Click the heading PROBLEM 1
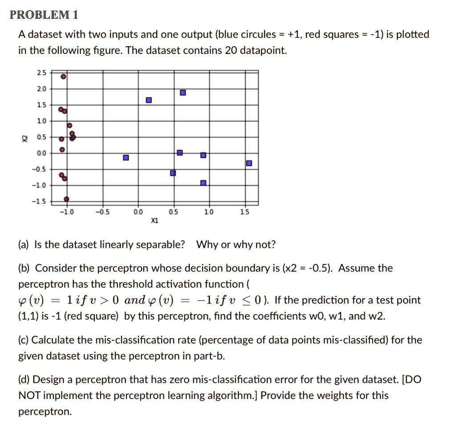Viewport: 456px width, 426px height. (x=44, y=15)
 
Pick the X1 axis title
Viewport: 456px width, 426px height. (x=154, y=220)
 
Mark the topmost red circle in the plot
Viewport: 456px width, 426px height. (x=64, y=77)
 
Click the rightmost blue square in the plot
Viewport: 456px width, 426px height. (x=249, y=163)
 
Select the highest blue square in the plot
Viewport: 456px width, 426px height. (x=183, y=93)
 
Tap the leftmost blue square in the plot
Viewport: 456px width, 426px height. (x=126, y=158)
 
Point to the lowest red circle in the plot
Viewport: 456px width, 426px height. (x=66, y=199)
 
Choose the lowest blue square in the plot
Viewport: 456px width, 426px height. (x=203, y=183)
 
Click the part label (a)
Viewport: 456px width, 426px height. (x=24, y=245)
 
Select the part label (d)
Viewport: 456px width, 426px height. (x=24, y=380)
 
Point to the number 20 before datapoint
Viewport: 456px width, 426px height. (x=231, y=51)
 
